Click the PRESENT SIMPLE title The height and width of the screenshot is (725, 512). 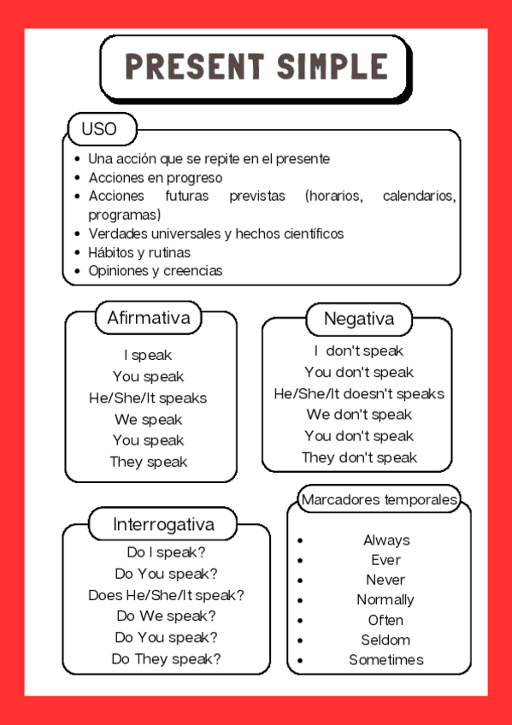[256, 67]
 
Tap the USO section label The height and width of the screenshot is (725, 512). [99, 130]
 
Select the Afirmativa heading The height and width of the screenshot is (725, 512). [148, 318]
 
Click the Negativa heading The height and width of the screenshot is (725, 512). [359, 319]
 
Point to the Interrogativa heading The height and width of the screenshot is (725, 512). [163, 524]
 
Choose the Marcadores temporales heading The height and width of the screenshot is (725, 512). [380, 499]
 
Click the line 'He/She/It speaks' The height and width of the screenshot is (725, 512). [148, 398]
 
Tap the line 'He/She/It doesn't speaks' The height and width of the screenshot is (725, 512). [359, 393]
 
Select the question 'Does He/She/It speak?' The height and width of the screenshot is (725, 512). [166, 595]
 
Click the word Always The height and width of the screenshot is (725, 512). [386, 540]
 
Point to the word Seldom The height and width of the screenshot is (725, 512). [385, 640]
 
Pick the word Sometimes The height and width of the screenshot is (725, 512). [385, 660]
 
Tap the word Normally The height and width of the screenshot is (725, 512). [385, 599]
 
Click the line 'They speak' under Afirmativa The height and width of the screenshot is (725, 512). [149, 462]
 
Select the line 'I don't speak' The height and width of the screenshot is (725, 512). [359, 351]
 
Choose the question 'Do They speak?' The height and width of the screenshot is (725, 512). [166, 659]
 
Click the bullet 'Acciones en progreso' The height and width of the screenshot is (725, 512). [156, 178]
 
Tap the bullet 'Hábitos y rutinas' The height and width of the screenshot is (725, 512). [139, 252]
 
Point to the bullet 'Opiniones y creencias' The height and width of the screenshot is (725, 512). [156, 271]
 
